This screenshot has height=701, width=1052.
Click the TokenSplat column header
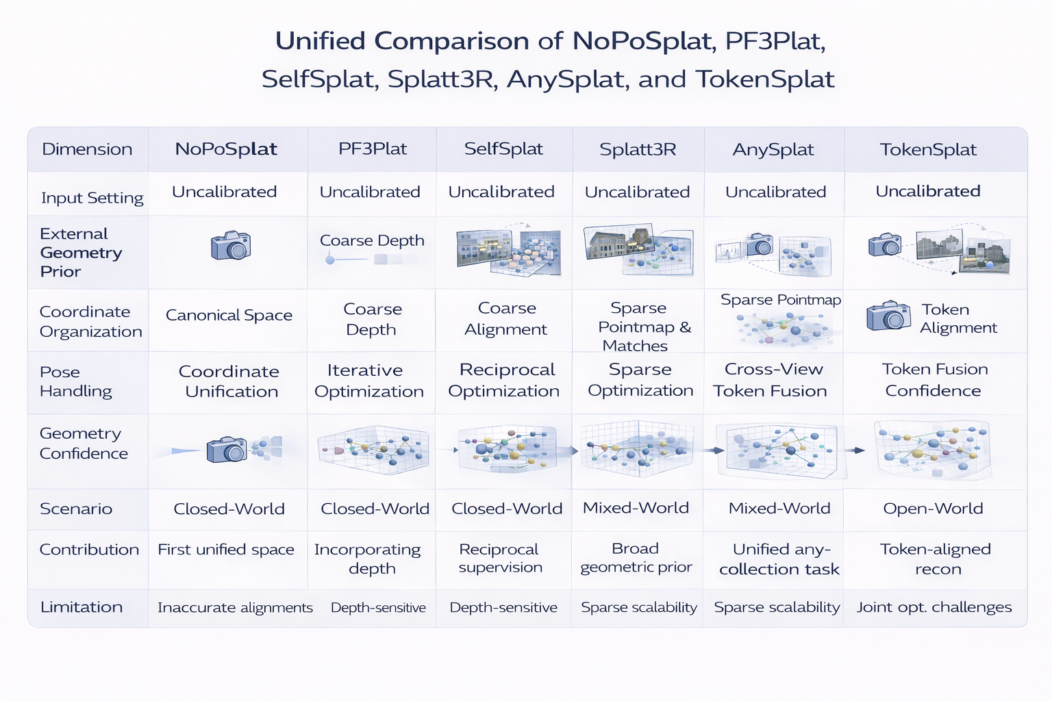pos(928,149)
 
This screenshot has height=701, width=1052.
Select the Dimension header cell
pos(87,149)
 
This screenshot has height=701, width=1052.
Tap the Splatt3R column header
pos(638,149)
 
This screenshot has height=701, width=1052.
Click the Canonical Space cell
pos(229,316)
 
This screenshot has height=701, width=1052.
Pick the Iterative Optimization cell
pos(368,381)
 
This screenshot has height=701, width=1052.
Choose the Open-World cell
pos(933,509)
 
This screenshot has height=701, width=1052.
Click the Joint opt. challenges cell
pos(934,607)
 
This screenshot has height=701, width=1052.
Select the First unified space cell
pos(226,550)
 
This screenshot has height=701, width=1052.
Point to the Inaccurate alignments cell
pos(235,608)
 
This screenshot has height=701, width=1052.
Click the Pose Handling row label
pos(75,381)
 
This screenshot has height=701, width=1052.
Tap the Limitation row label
pos(82,607)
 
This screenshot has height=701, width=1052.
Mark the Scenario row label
pos(76,509)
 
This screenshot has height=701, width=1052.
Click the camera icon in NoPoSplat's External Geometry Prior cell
pos(231,245)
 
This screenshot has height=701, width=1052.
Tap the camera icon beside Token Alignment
pos(888,316)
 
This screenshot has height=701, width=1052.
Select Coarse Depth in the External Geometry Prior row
pos(372,241)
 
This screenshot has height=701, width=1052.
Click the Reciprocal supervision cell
pos(500,558)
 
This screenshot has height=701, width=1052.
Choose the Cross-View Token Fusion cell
pos(771,380)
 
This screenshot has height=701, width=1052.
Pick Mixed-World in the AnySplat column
pos(779,509)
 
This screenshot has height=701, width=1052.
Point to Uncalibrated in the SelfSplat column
pos(501,192)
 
